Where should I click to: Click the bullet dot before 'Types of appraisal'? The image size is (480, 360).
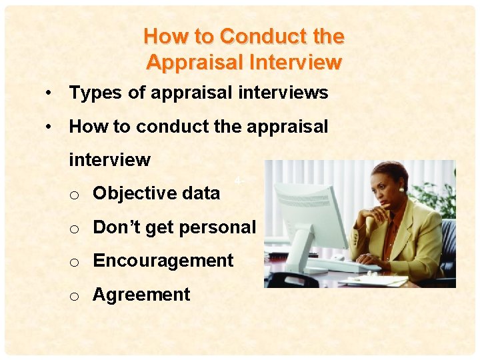click(x=49, y=93)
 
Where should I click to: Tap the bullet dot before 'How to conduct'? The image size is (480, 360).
click(x=49, y=127)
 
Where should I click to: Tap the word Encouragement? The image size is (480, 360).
click(x=163, y=261)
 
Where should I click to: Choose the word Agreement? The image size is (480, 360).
click(x=141, y=295)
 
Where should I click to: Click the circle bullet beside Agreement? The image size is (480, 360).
click(x=76, y=296)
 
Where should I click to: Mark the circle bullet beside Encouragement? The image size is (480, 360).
click(x=76, y=262)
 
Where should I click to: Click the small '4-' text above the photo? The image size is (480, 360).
click(x=239, y=180)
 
